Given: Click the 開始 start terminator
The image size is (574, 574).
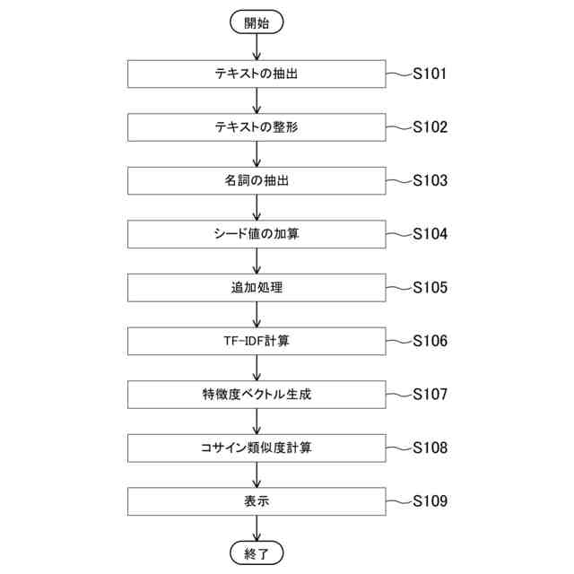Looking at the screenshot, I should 257,23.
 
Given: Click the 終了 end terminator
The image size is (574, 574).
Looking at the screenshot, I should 257,552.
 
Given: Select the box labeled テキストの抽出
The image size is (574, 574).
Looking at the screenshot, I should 257,74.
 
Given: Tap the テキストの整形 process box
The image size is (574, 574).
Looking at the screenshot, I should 257,127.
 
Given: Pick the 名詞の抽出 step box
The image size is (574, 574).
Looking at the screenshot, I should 257,181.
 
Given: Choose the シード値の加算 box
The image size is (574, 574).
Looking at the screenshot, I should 257,234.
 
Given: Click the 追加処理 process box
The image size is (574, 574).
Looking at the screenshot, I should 257,288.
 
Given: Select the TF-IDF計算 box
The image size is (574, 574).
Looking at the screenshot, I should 257,341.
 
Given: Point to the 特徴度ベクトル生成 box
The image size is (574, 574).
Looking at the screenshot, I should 257,395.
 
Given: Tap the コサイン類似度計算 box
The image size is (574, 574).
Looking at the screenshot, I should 257,448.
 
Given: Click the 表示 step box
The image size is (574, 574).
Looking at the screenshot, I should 257,501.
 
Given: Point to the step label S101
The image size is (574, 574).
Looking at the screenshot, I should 430,74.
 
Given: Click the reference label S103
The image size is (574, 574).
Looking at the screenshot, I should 430,181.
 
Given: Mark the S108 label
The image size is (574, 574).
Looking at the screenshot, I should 430,448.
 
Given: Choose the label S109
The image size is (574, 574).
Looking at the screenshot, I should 430,501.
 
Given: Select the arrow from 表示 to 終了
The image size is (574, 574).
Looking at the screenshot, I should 257,528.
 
